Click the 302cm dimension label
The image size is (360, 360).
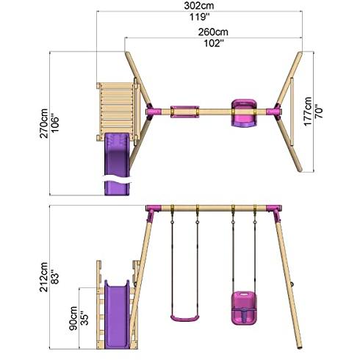(x=199, y=6)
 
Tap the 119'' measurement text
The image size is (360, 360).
(x=200, y=17)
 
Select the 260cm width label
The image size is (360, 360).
(x=213, y=32)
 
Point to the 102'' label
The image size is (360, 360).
(x=214, y=43)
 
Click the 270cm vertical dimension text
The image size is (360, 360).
(x=44, y=123)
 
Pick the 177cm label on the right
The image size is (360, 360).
(x=308, y=112)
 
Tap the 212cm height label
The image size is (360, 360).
(x=44, y=277)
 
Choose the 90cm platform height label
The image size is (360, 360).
(x=73, y=318)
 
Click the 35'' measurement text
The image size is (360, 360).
(x=84, y=318)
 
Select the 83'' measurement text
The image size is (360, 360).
(x=55, y=277)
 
